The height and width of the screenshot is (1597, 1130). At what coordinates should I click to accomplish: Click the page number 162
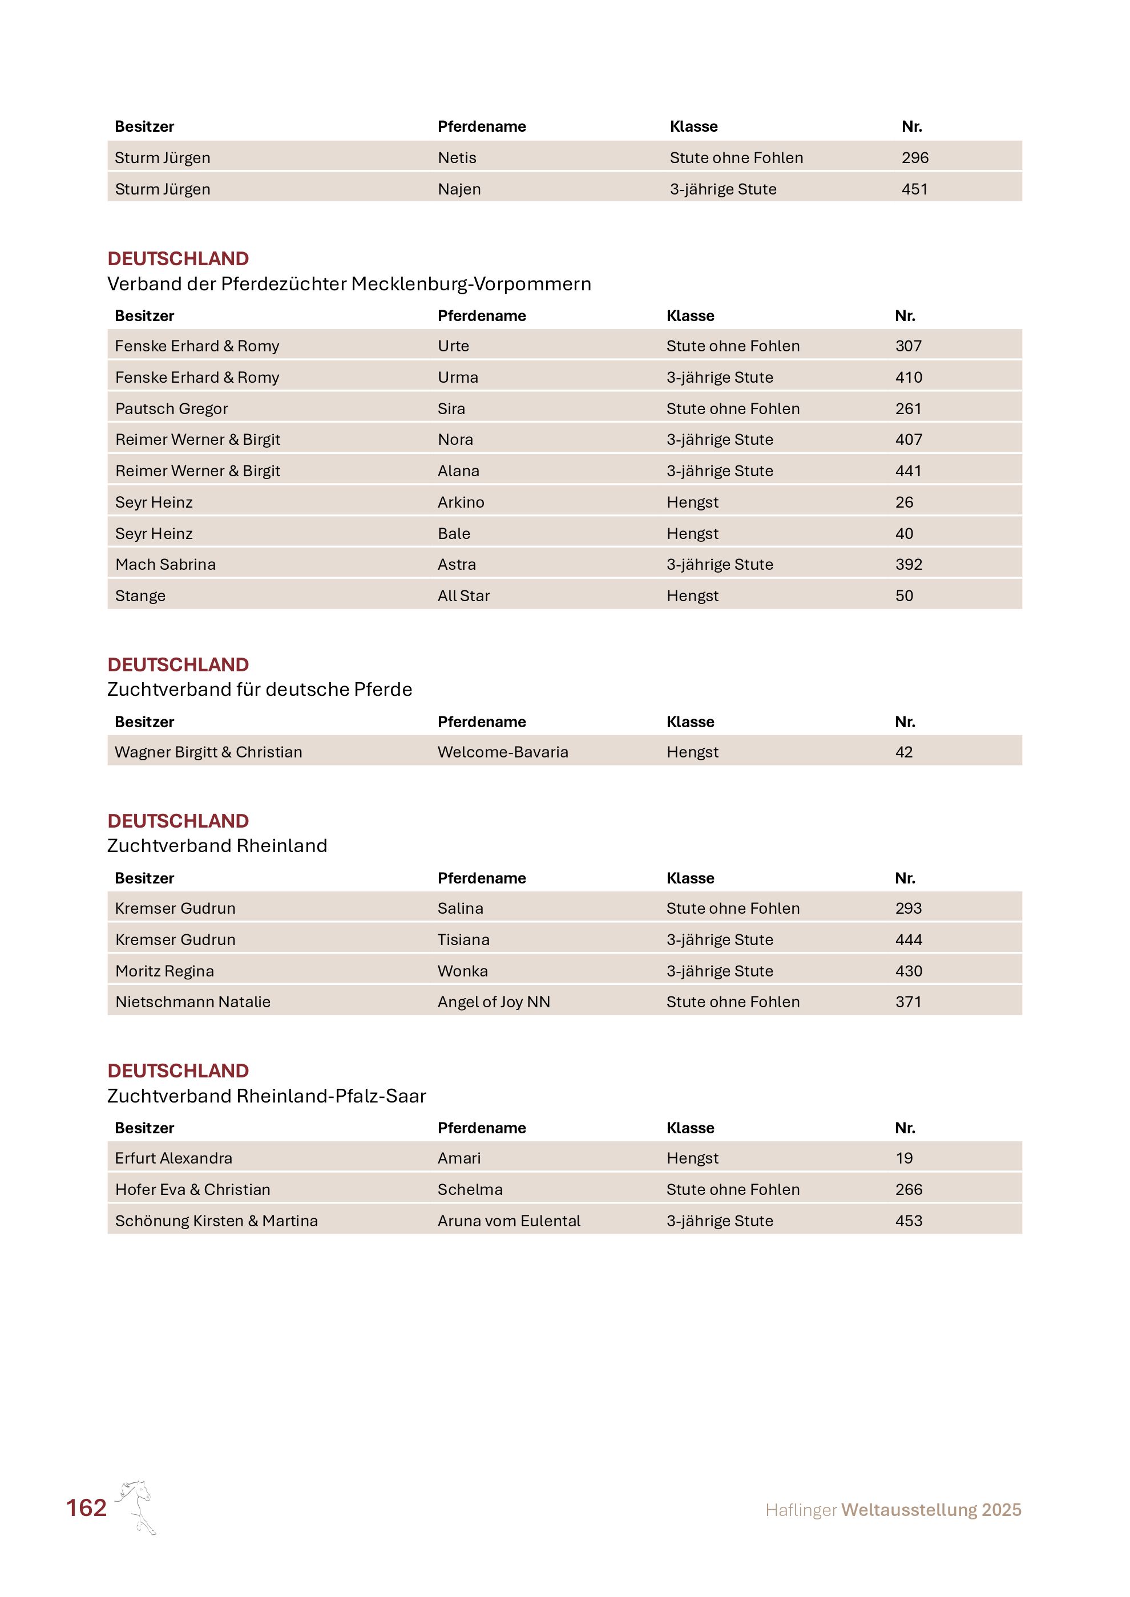click(86, 1507)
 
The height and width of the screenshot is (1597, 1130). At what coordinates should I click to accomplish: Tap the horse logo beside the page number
click(137, 1506)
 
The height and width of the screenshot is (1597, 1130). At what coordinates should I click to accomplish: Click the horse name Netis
click(457, 158)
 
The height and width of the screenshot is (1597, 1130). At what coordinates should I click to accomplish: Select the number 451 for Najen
click(914, 189)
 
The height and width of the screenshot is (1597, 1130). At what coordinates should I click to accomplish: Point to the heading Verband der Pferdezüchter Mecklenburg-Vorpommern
click(349, 284)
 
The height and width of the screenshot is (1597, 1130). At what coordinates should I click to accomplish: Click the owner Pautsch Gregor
click(171, 408)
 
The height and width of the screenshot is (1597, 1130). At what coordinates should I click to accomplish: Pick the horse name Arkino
click(461, 502)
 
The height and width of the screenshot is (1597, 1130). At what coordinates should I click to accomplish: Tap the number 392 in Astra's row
click(908, 564)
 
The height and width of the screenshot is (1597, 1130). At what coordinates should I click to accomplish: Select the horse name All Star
click(463, 595)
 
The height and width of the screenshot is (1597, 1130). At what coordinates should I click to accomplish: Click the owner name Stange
click(140, 595)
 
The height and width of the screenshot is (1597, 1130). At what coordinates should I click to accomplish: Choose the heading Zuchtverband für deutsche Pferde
click(260, 690)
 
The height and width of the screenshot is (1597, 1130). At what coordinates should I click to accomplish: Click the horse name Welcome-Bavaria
click(502, 752)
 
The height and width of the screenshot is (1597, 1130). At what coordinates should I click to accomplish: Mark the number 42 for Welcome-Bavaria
click(903, 752)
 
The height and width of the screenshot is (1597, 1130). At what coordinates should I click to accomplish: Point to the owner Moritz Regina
click(164, 971)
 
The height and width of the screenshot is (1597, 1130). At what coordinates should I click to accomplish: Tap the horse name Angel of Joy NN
click(493, 1002)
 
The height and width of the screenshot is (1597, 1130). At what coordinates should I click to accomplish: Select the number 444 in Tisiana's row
click(908, 940)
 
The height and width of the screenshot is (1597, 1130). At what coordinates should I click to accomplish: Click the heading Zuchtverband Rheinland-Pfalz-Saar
click(266, 1096)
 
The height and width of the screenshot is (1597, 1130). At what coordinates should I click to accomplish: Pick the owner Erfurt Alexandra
click(173, 1158)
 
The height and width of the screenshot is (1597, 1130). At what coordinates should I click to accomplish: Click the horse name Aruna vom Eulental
click(508, 1221)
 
